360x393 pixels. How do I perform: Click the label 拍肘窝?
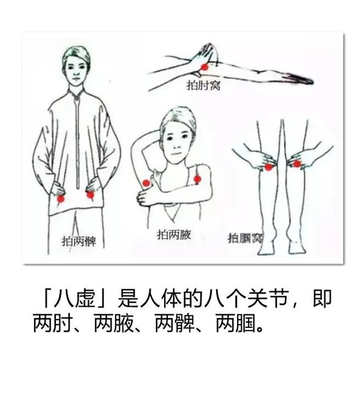[203, 85]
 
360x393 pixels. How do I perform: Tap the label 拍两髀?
[79, 241]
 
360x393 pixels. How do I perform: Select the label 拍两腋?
[174, 235]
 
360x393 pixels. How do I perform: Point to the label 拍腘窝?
[245, 238]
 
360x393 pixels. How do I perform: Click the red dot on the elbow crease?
[205, 67]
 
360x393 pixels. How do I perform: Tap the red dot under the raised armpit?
[146, 183]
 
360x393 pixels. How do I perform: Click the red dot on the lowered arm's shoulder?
[197, 179]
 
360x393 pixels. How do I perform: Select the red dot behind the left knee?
[268, 167]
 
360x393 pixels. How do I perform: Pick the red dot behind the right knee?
[297, 164]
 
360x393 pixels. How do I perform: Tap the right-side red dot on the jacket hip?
[90, 195]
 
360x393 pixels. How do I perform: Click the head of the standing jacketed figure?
[76, 66]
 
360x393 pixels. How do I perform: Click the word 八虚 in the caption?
[75, 299]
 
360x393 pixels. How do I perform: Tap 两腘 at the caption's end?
[236, 324]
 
